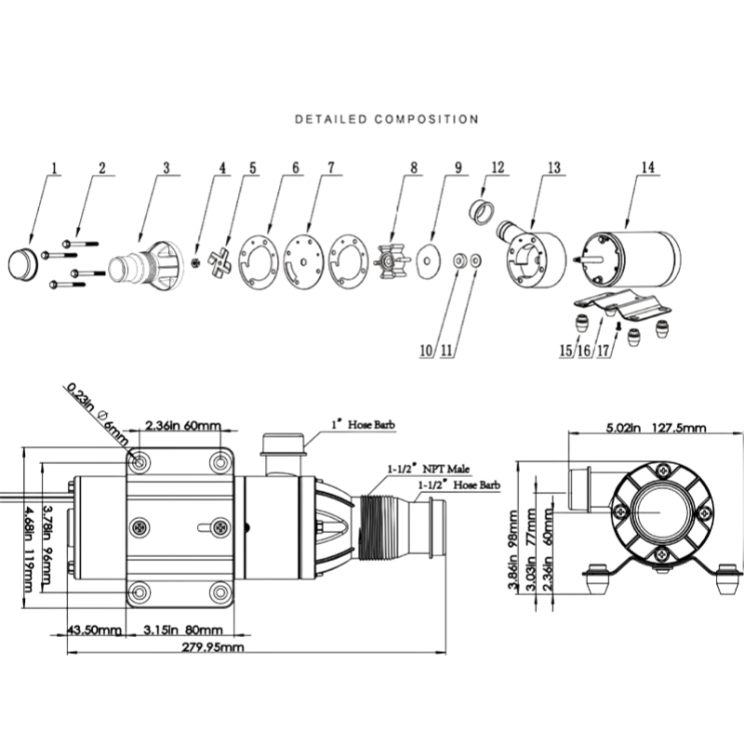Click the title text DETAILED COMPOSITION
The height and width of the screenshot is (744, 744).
tap(387, 119)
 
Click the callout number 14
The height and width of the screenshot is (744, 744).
tap(647, 167)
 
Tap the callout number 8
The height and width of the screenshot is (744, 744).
tap(414, 167)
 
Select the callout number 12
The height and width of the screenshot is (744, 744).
tap(498, 167)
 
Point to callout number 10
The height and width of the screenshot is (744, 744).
tap(426, 351)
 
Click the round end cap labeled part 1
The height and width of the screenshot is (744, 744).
tap(22, 264)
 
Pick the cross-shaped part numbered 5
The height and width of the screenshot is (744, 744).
tap(219, 261)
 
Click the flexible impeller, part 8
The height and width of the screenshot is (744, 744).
tap(392, 260)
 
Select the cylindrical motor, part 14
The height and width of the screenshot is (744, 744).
tap(629, 259)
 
